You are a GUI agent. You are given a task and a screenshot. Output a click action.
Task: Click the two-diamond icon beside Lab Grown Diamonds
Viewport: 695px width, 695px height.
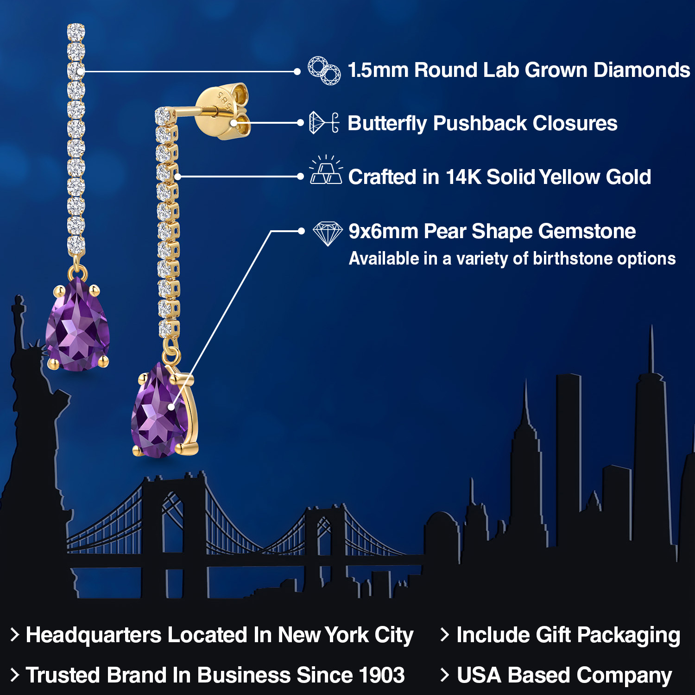pos(324,71)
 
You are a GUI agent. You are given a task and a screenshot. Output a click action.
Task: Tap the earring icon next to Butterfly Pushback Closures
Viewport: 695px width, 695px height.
pos(324,123)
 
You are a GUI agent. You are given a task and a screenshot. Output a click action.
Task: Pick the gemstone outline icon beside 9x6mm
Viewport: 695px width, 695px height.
pos(328,234)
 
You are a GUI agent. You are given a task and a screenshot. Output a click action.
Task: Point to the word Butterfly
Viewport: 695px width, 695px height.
pos(387,124)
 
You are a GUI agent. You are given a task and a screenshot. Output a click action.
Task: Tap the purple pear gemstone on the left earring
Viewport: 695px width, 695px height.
pos(77,327)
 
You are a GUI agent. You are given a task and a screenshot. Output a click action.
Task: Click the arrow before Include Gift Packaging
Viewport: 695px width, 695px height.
pos(445,635)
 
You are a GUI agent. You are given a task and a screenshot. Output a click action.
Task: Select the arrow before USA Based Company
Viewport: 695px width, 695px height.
pos(445,675)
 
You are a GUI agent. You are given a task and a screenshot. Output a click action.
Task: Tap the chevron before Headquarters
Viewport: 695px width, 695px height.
pos(15,635)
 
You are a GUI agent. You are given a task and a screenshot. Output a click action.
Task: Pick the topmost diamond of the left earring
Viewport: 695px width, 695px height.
pos(76,31)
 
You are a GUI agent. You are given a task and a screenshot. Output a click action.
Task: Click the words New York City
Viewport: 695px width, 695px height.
pos(345,635)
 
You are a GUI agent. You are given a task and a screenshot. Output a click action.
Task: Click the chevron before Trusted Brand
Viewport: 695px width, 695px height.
pos(15,675)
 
